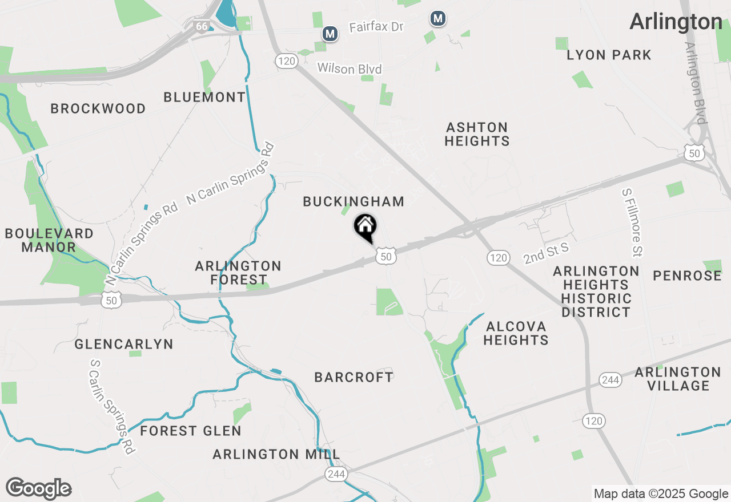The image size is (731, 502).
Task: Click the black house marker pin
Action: tap(365, 228)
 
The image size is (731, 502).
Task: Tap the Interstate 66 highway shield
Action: tap(201, 26)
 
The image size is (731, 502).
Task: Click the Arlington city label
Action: tap(676, 22)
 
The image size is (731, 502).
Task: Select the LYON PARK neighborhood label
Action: tap(609, 55)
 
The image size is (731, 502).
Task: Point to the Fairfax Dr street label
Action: tap(376, 27)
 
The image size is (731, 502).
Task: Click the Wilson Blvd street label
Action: tap(350, 68)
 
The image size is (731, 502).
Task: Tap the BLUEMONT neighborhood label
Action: tap(204, 98)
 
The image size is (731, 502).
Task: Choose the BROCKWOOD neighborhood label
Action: tap(98, 108)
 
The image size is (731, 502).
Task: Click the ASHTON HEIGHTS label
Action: tap(477, 133)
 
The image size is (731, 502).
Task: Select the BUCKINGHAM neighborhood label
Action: tap(354, 201)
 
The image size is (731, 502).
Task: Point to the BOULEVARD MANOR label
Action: tap(49, 240)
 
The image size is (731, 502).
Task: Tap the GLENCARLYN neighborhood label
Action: tap(123, 345)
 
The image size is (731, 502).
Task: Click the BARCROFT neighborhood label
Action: tap(354, 377)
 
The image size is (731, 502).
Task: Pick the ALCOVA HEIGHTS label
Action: tap(516, 333)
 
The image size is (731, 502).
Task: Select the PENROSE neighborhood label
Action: tap(687, 276)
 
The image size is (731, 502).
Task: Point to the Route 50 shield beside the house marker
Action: tap(386, 257)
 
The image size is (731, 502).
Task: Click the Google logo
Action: tap(39, 488)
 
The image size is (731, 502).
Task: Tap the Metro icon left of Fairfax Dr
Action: tap(330, 34)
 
